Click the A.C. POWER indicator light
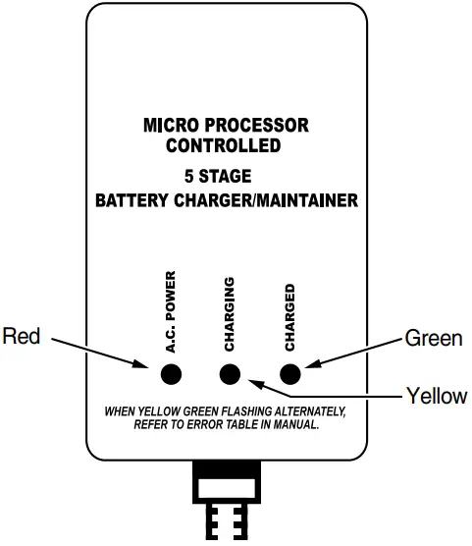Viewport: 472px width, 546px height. [x=171, y=373]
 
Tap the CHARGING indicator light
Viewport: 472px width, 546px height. [x=231, y=373]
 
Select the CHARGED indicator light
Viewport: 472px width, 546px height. [x=290, y=373]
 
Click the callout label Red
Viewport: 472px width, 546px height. [x=22, y=337]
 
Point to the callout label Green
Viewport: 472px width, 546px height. [x=433, y=339]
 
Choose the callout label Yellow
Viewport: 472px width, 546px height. [x=437, y=396]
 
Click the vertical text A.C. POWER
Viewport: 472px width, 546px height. [x=170, y=311]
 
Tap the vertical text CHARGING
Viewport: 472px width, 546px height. [x=230, y=314]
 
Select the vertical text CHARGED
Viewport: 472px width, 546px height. [x=289, y=317]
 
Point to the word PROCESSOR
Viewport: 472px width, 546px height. [x=258, y=127]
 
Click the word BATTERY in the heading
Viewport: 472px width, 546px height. [x=129, y=200]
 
